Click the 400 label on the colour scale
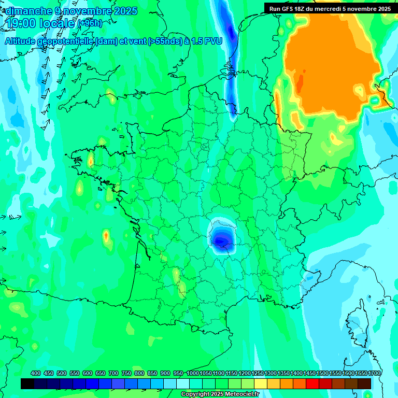36,373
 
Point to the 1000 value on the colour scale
193,373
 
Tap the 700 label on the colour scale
113,373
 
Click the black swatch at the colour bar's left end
27,383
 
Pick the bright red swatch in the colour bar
312,383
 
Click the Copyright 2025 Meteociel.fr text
219,394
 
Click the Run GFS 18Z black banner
330,8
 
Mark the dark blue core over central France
221,239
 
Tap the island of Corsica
358,321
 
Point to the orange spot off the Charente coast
106,236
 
